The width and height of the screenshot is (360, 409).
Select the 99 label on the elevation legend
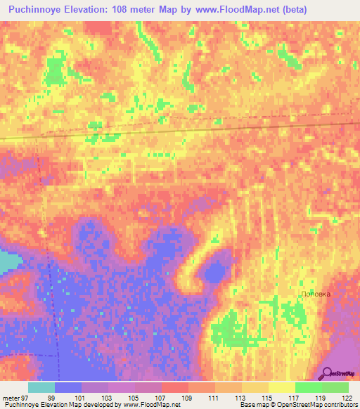(x=51, y=398)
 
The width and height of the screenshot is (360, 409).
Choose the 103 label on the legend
(x=105, y=398)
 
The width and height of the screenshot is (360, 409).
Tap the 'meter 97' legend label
(x=15, y=398)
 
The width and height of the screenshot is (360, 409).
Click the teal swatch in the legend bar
(x=41, y=387)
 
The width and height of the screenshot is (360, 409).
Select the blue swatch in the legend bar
(x=68, y=387)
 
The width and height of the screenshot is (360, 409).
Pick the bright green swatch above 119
(x=308, y=387)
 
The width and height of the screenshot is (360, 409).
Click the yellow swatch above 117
(x=281, y=387)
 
